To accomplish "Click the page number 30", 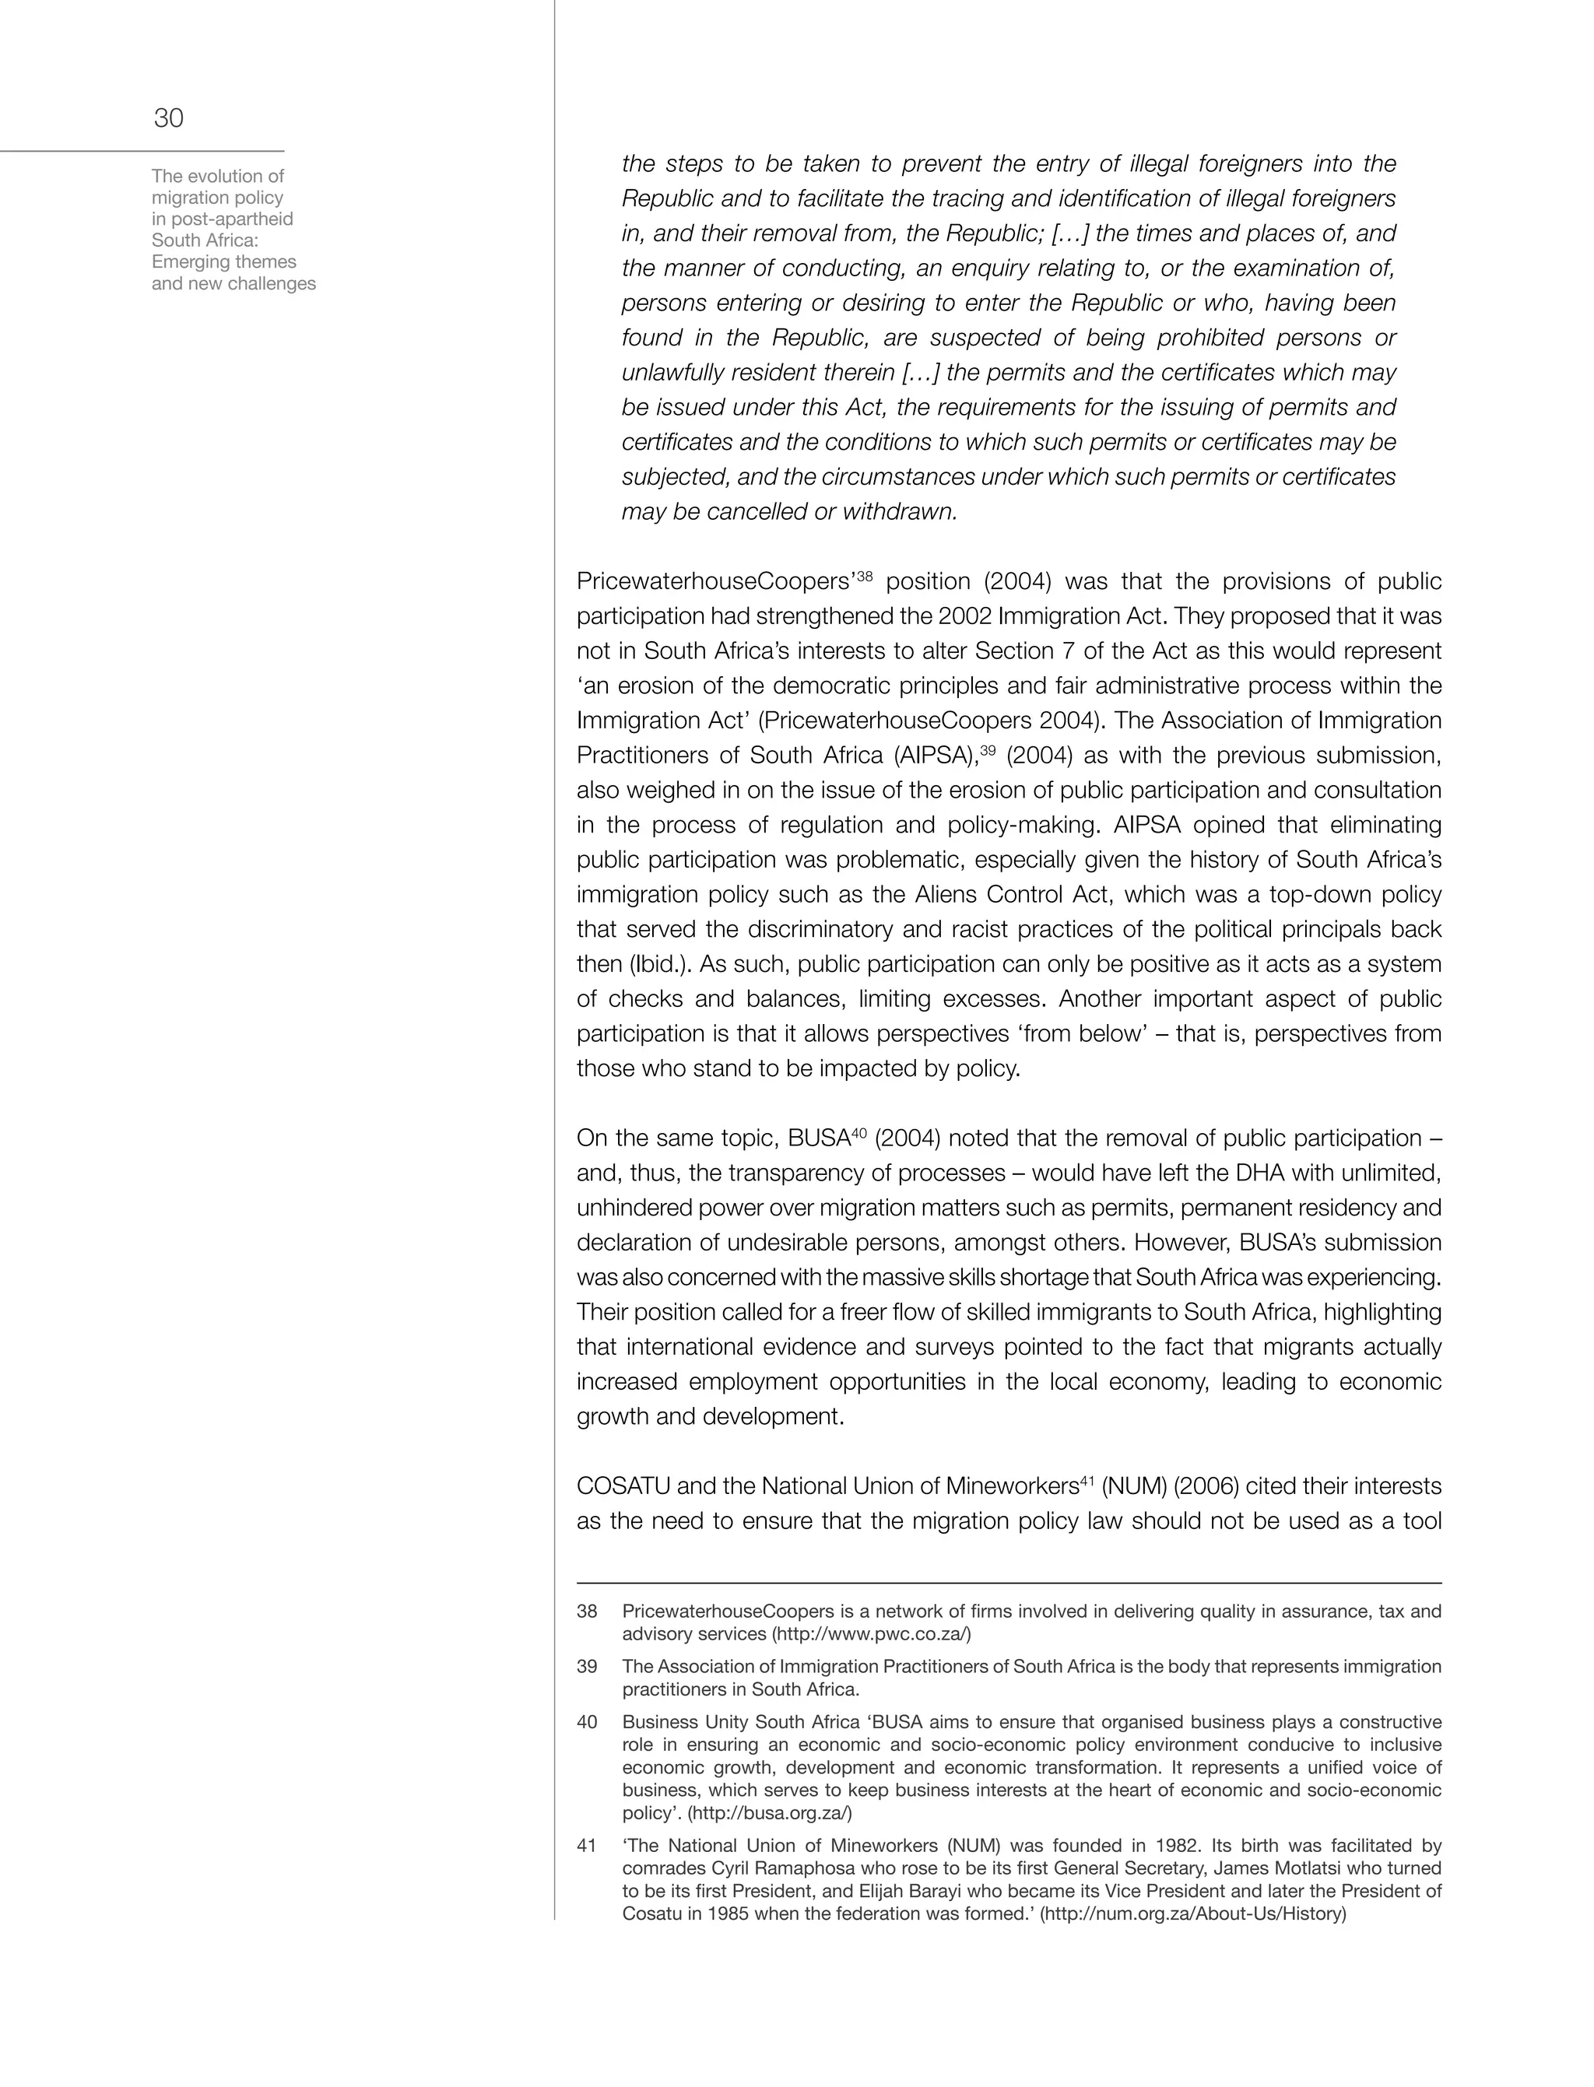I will pyautogui.click(x=169, y=118).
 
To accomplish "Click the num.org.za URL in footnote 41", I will pyautogui.click(x=1194, y=1913).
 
